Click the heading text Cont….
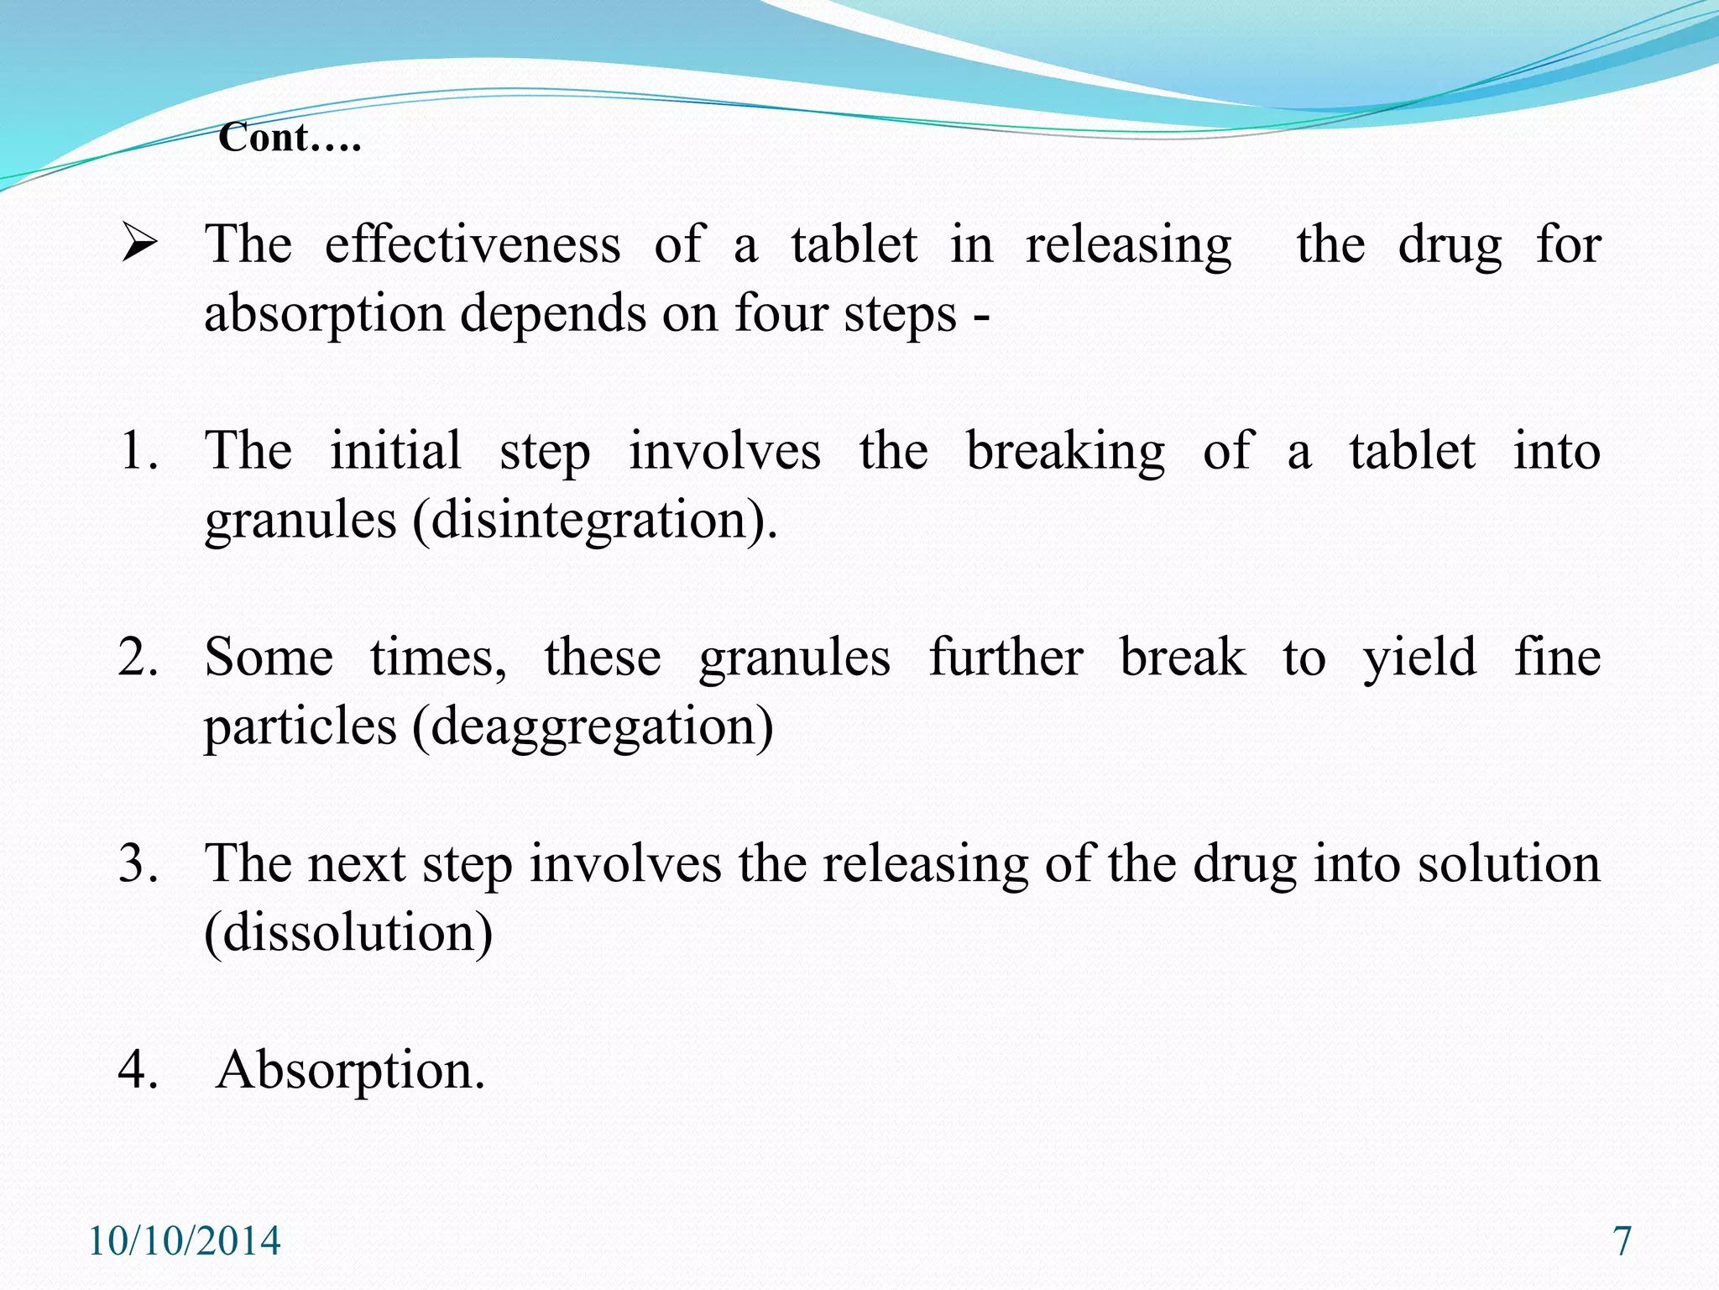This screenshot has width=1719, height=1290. [x=290, y=137]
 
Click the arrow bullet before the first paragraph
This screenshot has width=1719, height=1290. [x=138, y=244]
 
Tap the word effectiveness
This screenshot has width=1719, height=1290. [x=473, y=245]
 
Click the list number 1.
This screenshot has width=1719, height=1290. [x=138, y=451]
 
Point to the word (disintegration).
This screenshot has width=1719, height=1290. [x=595, y=521]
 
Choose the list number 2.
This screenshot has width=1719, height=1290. [x=138, y=658]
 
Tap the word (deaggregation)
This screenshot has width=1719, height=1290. [x=593, y=727]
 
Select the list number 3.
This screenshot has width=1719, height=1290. [x=138, y=863]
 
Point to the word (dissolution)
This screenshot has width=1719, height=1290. [x=348, y=933]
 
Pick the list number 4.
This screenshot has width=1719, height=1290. [x=138, y=1070]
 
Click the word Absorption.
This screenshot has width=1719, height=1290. [x=351, y=1072]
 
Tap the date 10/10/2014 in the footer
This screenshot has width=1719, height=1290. [x=185, y=1241]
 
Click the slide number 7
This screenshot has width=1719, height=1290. [x=1622, y=1241]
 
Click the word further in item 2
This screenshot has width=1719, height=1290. [x=1006, y=658]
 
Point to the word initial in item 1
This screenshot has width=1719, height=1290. [x=395, y=451]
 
